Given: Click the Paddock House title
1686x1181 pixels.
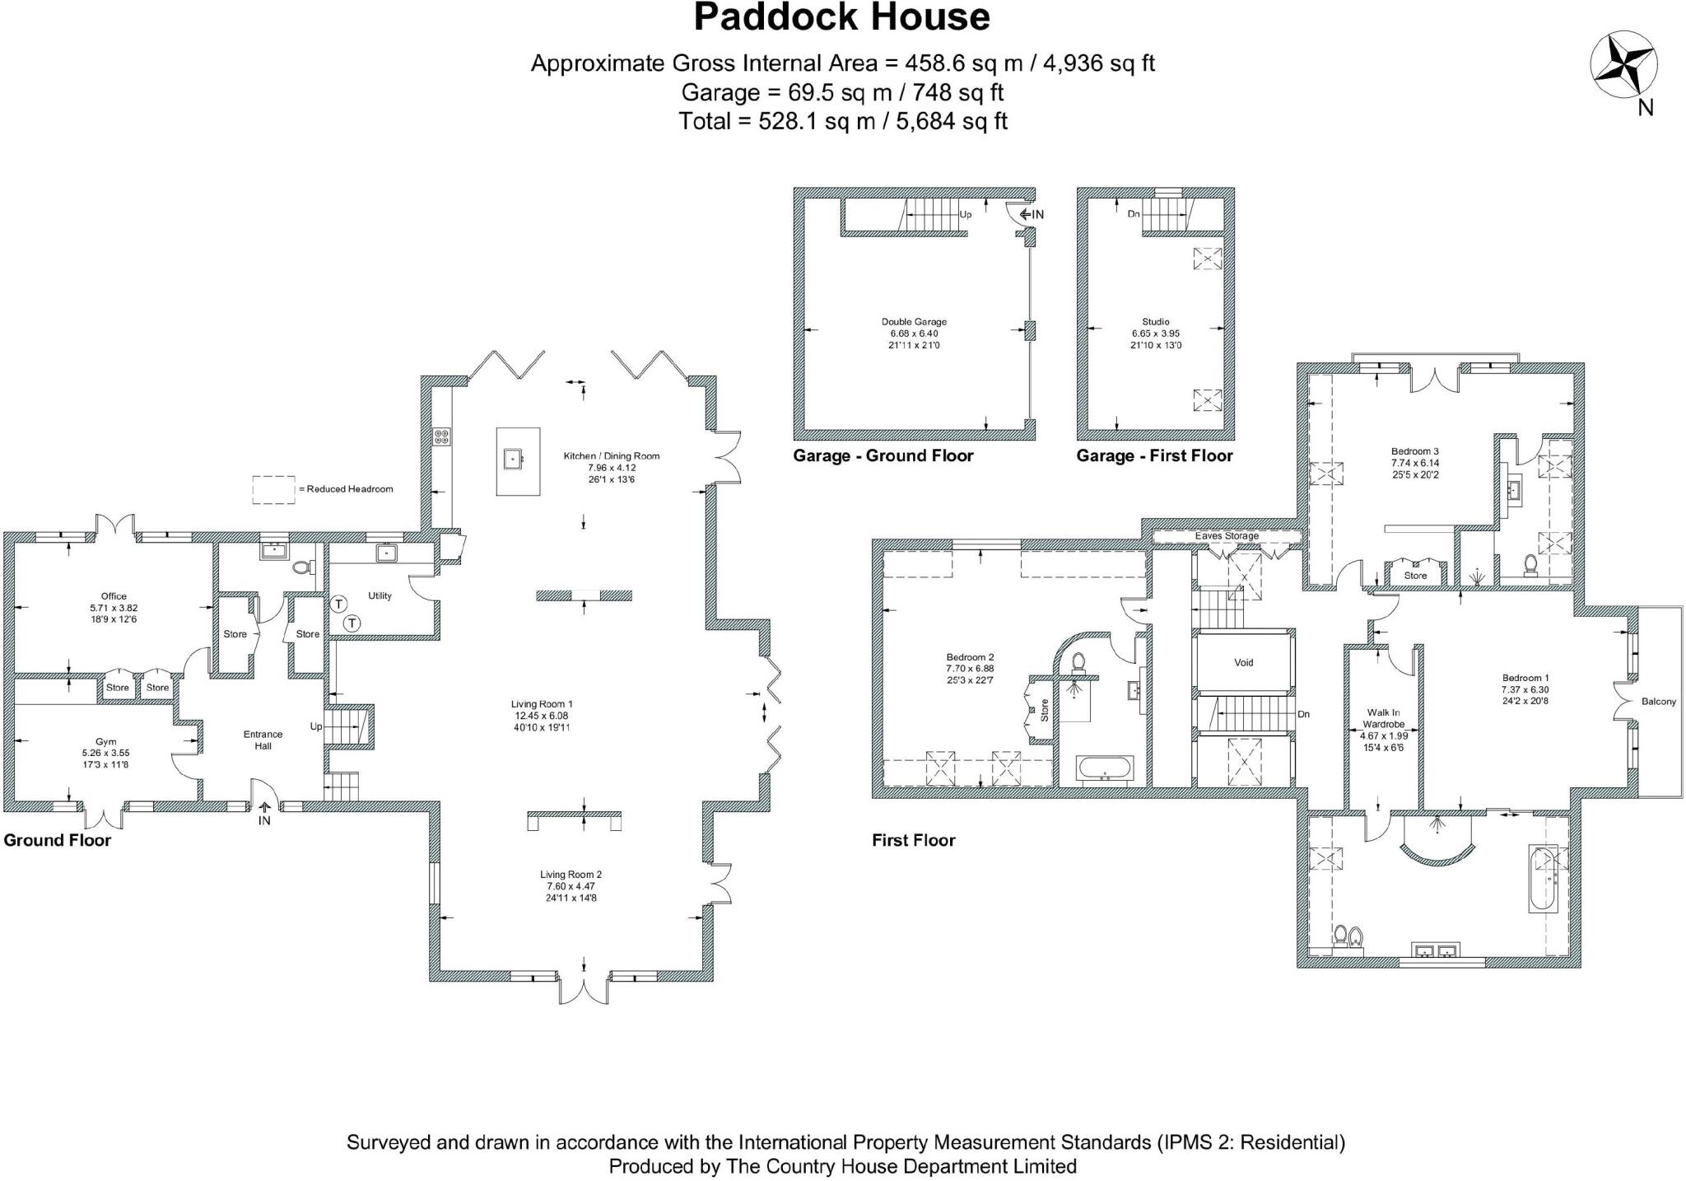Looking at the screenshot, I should click(841, 18).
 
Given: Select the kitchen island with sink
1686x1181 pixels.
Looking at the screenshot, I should click(518, 461).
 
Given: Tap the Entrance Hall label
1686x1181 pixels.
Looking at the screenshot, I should click(263, 740).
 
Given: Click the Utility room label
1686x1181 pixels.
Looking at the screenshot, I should click(380, 595).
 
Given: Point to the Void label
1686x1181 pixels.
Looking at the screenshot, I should click(1243, 662).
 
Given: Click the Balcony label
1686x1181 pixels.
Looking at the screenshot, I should click(1658, 702).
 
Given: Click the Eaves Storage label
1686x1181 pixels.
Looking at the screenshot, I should click(1227, 536).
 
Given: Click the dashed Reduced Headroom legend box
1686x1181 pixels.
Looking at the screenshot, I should click(273, 489).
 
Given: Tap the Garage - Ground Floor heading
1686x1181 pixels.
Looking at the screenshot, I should click(883, 455).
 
